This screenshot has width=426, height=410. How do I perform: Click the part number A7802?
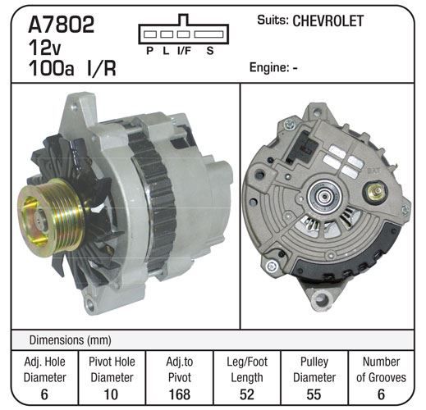click(62, 25)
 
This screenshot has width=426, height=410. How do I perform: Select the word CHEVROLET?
click(328, 20)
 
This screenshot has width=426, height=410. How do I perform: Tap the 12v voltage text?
click(44, 47)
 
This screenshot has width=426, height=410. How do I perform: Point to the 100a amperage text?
click(51, 68)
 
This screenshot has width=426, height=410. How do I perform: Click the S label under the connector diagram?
click(210, 51)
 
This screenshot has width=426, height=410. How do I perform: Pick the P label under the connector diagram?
click(149, 51)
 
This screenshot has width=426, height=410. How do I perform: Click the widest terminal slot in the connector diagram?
click(208, 34)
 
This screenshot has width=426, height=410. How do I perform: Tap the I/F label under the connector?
click(184, 51)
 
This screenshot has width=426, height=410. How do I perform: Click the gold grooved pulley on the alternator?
click(51, 216)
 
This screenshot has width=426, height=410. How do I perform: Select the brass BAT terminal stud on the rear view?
click(375, 190)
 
